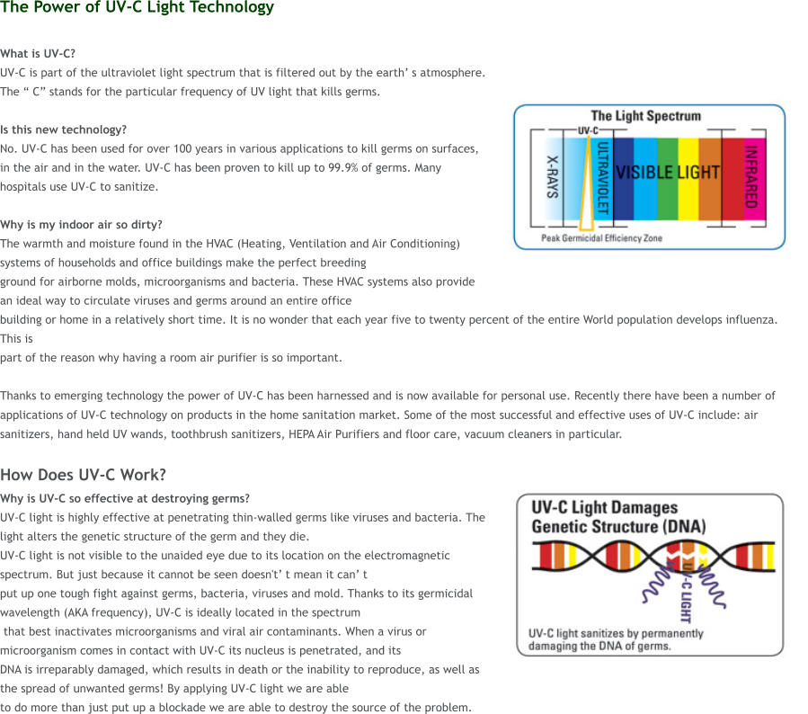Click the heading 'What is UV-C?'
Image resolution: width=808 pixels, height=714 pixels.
click(x=38, y=54)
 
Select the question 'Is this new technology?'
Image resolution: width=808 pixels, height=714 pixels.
click(x=63, y=129)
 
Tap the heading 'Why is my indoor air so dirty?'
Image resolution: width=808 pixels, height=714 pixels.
click(x=81, y=225)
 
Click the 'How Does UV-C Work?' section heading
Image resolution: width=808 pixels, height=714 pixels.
click(x=83, y=475)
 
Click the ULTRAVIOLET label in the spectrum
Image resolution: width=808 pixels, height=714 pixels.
click(x=603, y=176)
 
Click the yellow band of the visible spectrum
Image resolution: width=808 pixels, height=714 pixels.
click(x=688, y=193)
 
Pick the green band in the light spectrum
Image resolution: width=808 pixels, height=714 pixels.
click(x=667, y=193)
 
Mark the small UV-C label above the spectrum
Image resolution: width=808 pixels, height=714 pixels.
click(x=588, y=129)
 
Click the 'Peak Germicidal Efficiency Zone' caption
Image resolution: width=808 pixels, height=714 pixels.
click(x=601, y=238)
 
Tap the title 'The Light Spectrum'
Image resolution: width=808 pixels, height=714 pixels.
click(x=645, y=116)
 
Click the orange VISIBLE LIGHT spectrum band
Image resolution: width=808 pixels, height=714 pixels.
click(x=710, y=193)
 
